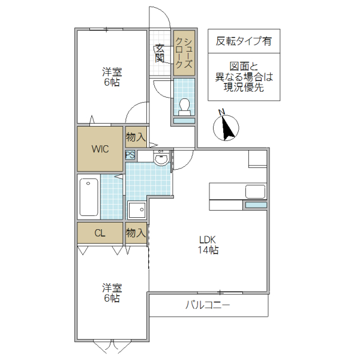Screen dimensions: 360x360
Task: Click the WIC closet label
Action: pos(100,149)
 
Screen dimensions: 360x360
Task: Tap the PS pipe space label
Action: pos(130,155)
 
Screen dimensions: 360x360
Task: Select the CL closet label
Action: pos(100,233)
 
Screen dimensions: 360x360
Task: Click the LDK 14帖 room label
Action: pos(209,245)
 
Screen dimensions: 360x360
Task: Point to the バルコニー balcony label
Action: pos(208,305)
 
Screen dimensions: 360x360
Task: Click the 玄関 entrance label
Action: pos(160,53)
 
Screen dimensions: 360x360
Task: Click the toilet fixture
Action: pos(184,106)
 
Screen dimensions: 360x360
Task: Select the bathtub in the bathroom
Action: pos(89,197)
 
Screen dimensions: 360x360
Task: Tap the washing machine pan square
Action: pos(137,211)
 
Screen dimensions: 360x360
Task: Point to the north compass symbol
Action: pos(226,126)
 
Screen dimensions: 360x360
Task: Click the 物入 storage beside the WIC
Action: pos(136,137)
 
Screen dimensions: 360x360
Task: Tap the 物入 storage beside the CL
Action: pos(136,233)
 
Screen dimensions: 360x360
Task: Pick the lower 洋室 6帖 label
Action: pos(111,292)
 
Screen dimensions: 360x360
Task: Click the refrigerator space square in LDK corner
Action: pos(257,158)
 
